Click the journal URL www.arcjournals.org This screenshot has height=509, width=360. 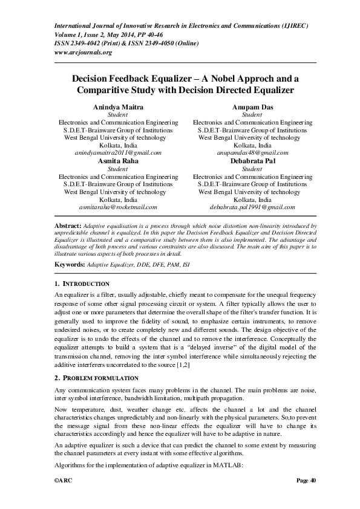point(83,53)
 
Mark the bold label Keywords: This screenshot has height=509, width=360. point(70,265)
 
